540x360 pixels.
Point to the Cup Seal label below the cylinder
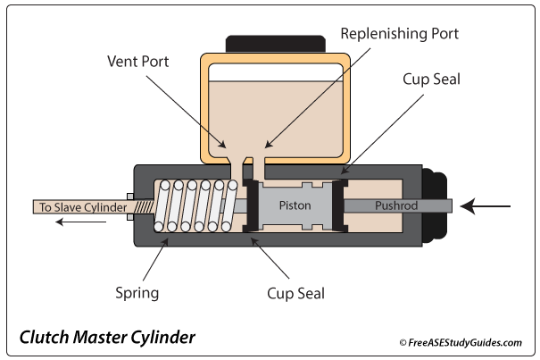click(x=295, y=292)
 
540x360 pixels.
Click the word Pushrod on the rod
click(x=392, y=205)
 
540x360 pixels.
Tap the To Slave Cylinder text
click(x=79, y=207)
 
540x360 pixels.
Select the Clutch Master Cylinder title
click(x=106, y=339)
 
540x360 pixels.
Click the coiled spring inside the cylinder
click(x=196, y=205)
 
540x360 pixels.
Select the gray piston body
click(x=295, y=219)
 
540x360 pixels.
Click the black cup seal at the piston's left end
click(x=251, y=205)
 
